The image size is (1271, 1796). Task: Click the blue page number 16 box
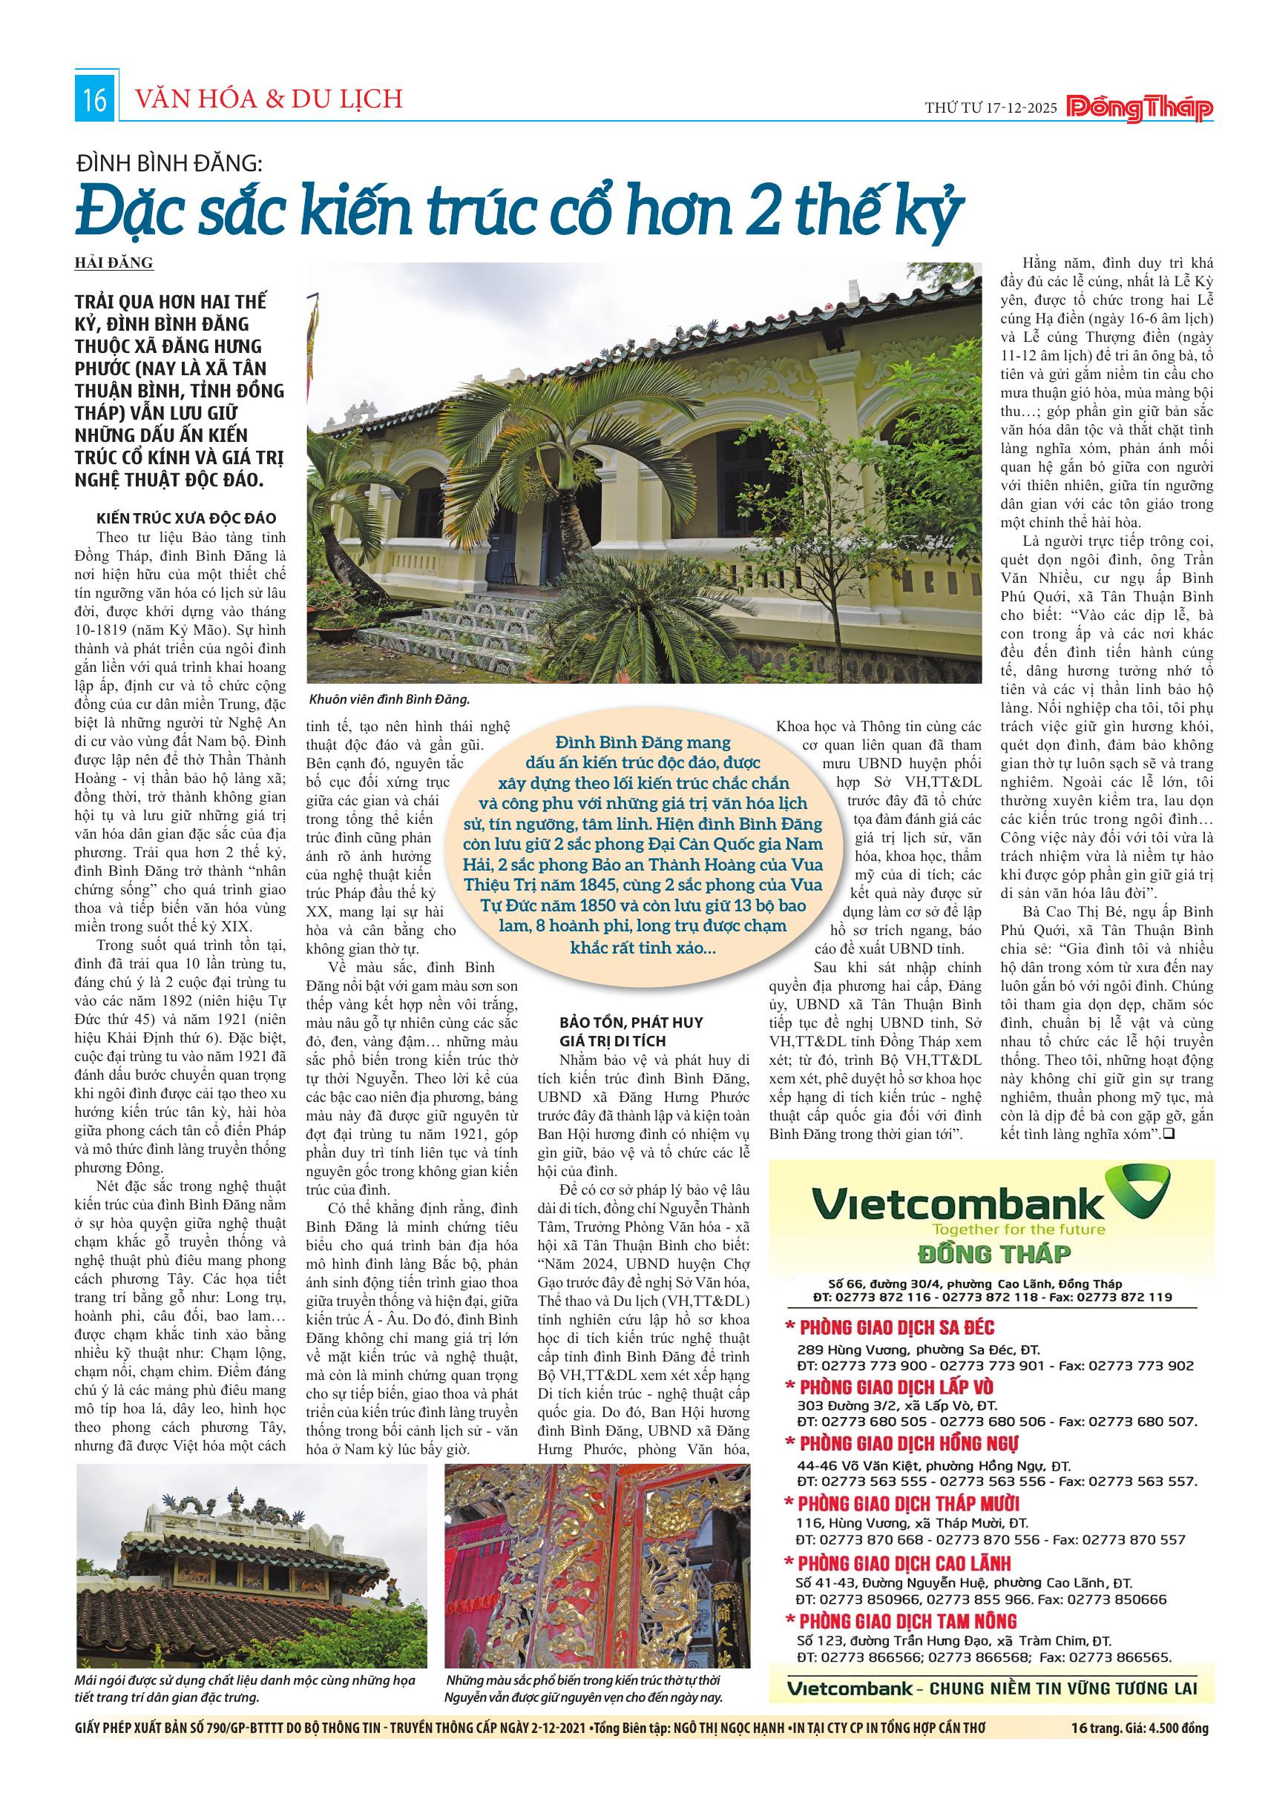tap(95, 101)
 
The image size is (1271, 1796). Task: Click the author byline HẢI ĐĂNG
tap(114, 263)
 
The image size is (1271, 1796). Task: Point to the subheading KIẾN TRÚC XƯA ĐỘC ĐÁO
tap(185, 519)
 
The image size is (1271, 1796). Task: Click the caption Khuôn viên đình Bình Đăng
tap(388, 699)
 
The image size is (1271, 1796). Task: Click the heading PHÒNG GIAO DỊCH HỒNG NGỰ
tap(909, 1443)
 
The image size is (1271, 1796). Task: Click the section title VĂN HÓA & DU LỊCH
tap(269, 99)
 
